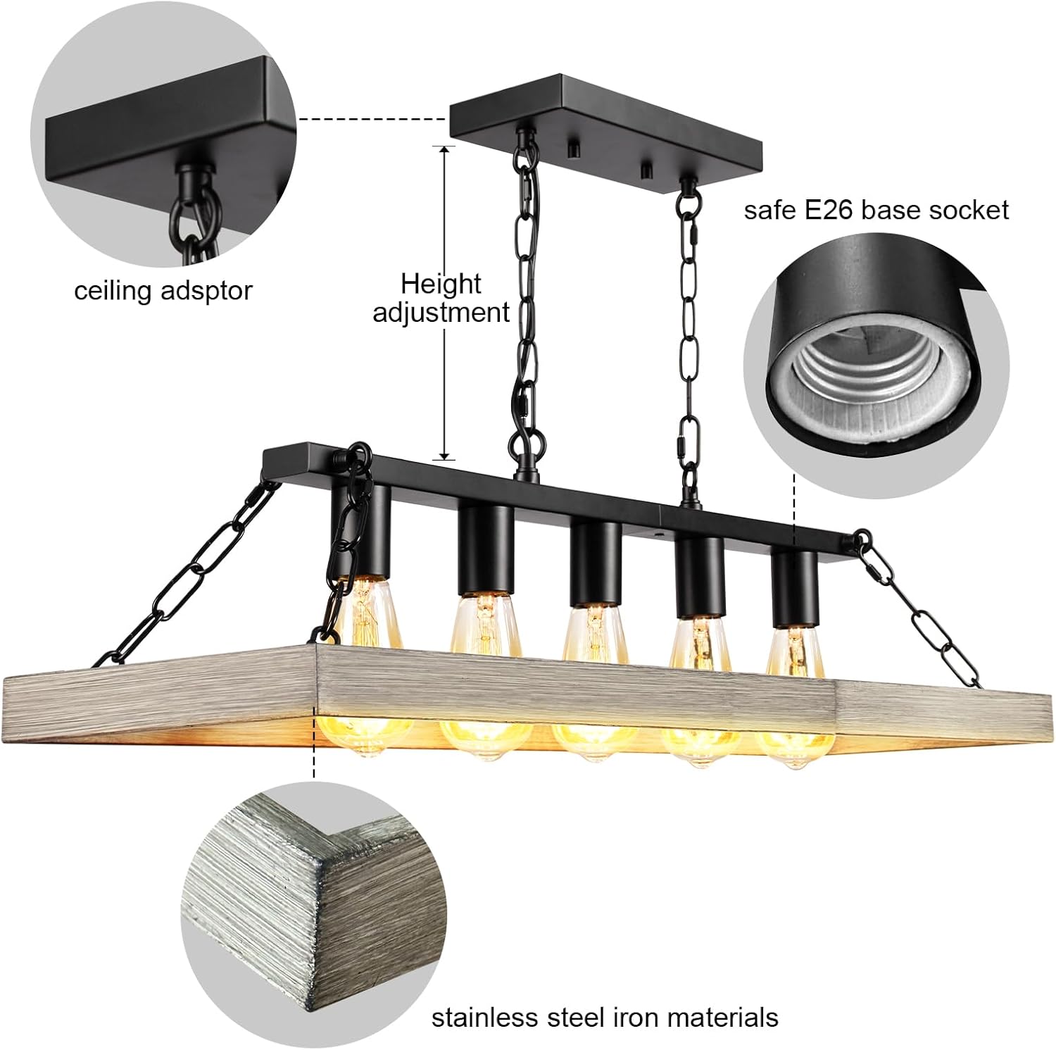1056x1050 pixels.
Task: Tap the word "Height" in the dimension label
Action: click(441, 284)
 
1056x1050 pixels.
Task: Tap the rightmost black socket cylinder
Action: click(794, 589)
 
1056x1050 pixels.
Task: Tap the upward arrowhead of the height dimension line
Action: click(444, 150)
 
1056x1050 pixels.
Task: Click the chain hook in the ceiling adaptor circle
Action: click(189, 204)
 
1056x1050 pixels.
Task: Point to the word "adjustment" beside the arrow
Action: click(441, 312)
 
